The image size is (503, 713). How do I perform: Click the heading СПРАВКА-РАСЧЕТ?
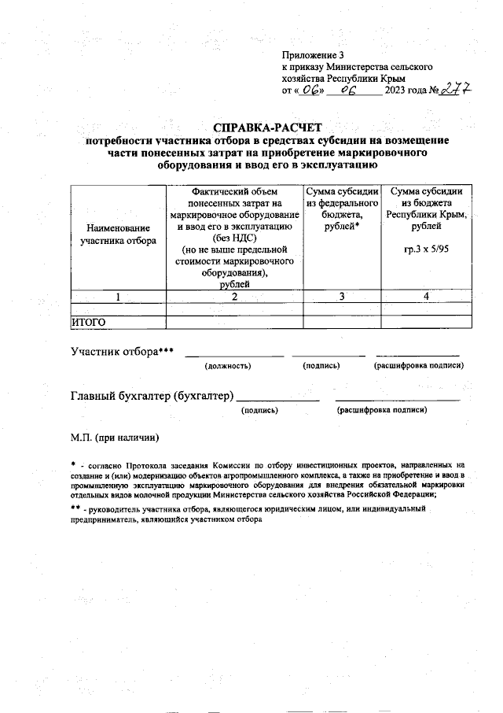click(x=267, y=128)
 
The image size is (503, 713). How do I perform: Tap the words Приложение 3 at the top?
click(x=313, y=55)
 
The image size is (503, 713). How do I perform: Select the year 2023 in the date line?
click(x=395, y=92)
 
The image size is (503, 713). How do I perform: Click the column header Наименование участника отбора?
click(x=118, y=234)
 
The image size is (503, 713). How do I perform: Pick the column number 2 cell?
click(x=234, y=297)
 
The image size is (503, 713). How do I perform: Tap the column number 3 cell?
click(x=341, y=297)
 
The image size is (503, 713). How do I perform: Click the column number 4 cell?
click(x=426, y=297)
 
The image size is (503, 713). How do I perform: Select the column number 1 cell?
click(x=118, y=297)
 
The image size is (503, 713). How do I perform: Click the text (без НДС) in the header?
click(x=234, y=238)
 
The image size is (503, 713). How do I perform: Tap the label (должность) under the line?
click(x=227, y=366)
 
